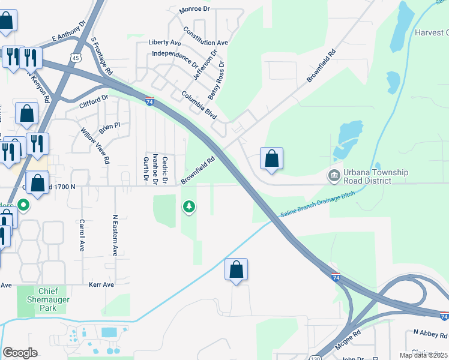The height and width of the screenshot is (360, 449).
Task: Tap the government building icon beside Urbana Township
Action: tap(333, 176)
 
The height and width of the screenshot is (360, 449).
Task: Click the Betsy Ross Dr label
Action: tap(216, 80)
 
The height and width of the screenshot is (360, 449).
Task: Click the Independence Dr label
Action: tap(175, 58)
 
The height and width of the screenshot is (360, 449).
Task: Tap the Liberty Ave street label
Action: tap(164, 43)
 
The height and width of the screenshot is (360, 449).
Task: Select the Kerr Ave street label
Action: tap(101, 284)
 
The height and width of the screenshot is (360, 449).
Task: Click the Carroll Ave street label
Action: tap(82, 235)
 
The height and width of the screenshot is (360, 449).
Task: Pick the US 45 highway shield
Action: tap(75, 57)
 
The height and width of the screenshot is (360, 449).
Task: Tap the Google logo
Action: tap(20, 353)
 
